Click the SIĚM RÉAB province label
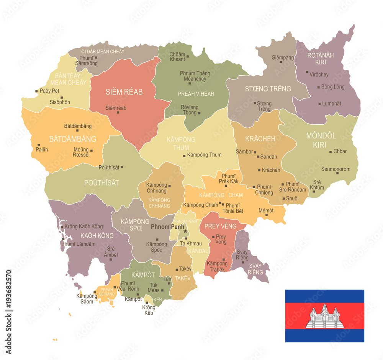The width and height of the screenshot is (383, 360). pyautogui.click(x=124, y=92)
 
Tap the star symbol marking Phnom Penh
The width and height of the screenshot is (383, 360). pyautogui.click(x=185, y=231)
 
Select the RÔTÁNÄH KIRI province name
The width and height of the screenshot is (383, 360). pyautogui.click(x=321, y=59)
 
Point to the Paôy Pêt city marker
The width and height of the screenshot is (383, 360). pyautogui.click(x=36, y=91)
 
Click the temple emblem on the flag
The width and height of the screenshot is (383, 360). pyautogui.click(x=324, y=316)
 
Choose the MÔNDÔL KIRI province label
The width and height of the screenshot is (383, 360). pyautogui.click(x=321, y=140)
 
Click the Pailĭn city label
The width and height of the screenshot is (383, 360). pyautogui.click(x=42, y=150)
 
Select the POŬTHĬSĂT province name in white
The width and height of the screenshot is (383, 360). pyautogui.click(x=101, y=183)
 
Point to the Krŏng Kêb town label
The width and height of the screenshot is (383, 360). pyautogui.click(x=148, y=310)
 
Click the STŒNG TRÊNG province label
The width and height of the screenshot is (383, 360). pyautogui.click(x=268, y=89)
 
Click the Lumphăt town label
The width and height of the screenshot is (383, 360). pyautogui.click(x=332, y=103)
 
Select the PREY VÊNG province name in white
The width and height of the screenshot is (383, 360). pyautogui.click(x=220, y=226)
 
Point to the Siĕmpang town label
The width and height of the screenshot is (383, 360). pyautogui.click(x=283, y=58)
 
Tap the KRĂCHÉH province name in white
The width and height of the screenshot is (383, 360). pyautogui.click(x=260, y=138)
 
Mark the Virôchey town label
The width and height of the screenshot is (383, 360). pyautogui.click(x=319, y=75)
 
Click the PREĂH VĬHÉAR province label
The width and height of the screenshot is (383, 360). pyautogui.click(x=196, y=94)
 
